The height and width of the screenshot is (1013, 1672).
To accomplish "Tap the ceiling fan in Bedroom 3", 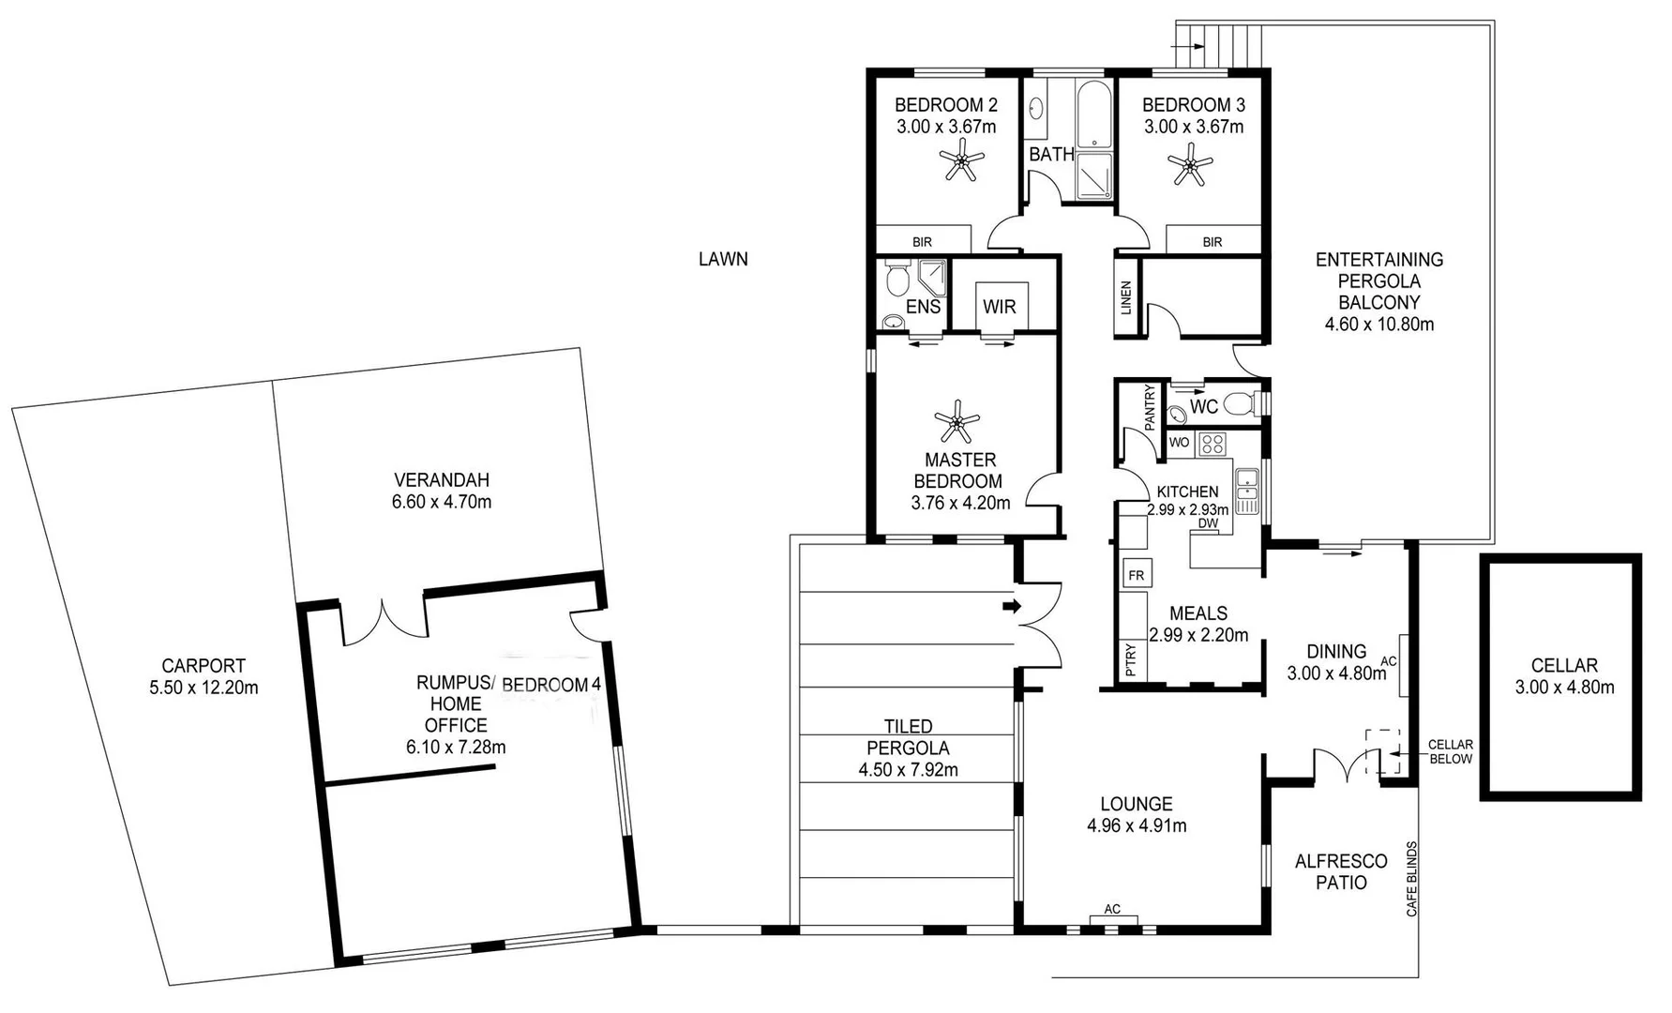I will coord(1191,166).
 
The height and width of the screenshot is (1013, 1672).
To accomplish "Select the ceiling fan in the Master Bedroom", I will coord(957,422).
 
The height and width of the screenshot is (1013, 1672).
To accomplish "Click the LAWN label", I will coord(723,259).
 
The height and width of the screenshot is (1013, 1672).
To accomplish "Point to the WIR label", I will coord(999,307).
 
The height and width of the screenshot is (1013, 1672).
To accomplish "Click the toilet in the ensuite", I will coord(897,280).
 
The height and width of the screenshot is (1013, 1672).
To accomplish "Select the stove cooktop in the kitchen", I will coord(1212,443).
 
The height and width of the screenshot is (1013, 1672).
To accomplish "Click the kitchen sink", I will coord(1246,491).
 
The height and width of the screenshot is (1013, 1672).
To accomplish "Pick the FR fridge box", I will coord(1137,574).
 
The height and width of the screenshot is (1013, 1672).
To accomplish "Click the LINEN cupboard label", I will coord(1126,297).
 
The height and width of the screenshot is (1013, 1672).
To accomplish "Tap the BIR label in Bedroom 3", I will coord(1213,242).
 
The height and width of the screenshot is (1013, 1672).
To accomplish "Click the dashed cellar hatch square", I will coord(1382,751).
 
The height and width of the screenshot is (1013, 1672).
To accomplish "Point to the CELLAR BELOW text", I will coord(1450,751).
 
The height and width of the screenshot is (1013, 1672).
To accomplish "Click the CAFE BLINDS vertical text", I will coord(1412,879).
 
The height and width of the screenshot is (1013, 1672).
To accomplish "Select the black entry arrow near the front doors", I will coord(1011,606).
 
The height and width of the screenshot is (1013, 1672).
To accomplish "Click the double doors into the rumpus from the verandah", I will coord(384,620).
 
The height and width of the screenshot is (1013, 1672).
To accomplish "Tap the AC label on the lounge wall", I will coord(1112,909).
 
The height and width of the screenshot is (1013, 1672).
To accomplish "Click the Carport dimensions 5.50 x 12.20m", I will coord(203,688).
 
